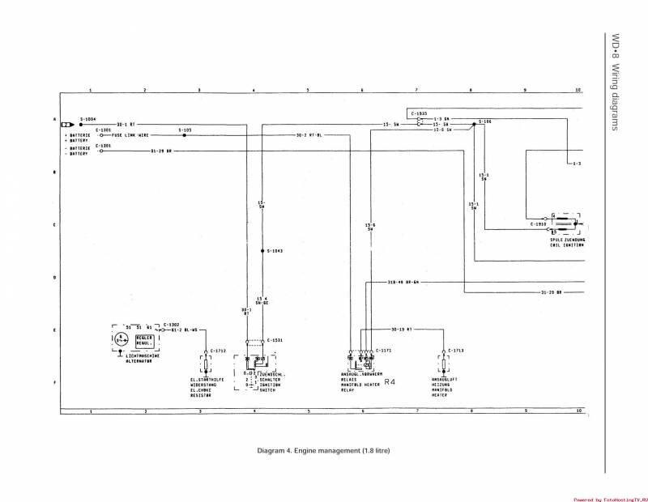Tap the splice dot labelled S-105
pyautogui.click(x=185, y=135)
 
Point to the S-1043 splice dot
pyautogui.click(x=262, y=251)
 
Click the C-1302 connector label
pyautogui.click(x=172, y=324)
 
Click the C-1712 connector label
pyautogui.click(x=217, y=351)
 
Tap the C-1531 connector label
pyautogui.click(x=276, y=340)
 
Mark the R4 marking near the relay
pyautogui.click(x=390, y=381)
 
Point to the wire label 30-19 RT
pyautogui.click(x=402, y=330)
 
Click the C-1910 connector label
pyautogui.click(x=539, y=223)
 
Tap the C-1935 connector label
pyautogui.click(x=419, y=113)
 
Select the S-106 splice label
pyautogui.click(x=485, y=121)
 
